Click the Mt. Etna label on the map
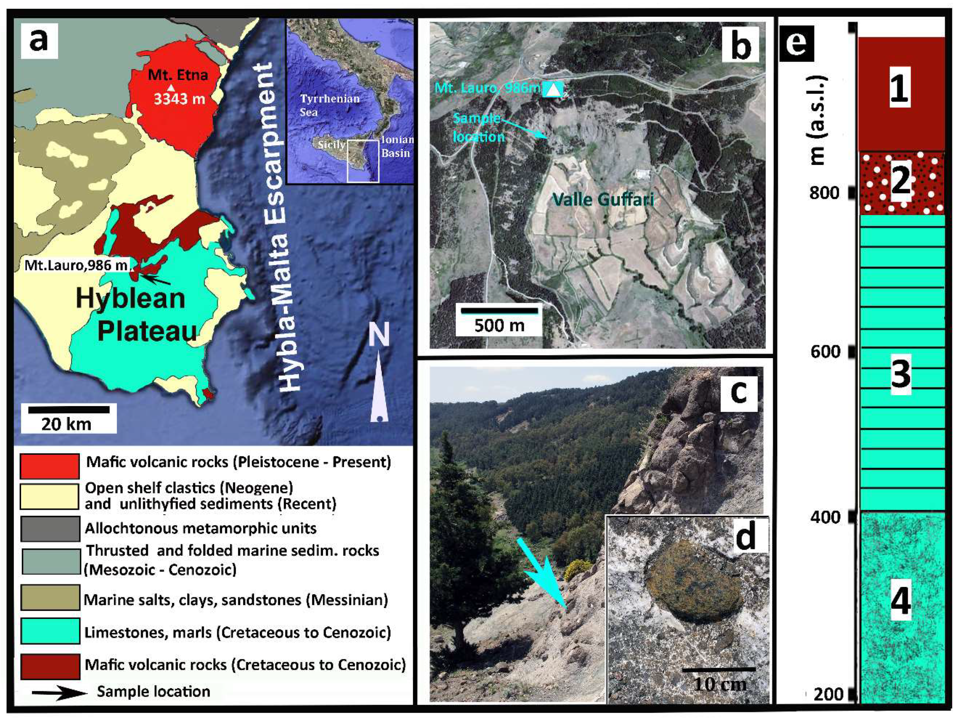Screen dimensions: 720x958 [x=178, y=75]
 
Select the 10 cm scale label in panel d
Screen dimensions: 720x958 [x=720, y=684]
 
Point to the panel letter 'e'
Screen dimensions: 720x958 [x=796, y=43]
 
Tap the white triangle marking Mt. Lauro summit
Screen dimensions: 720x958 [x=552, y=89]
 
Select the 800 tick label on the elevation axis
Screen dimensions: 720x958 [x=824, y=193]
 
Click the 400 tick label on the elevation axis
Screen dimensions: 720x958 [x=825, y=517]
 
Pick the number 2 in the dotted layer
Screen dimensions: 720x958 [x=900, y=182]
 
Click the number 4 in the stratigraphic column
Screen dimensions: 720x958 [x=900, y=600]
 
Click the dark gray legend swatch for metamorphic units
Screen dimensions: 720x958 [x=49, y=528]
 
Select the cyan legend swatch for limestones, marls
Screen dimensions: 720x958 [x=49, y=632]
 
